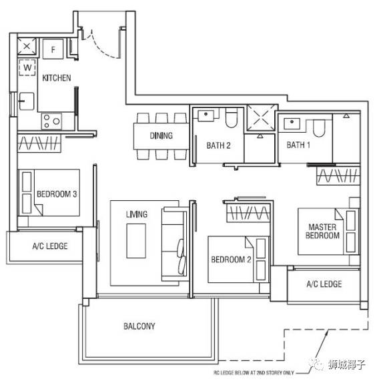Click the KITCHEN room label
[57, 78]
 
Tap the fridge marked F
[53, 49]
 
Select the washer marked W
[27, 67]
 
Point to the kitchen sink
[27, 101]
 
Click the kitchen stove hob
[51, 121]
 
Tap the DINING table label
[161, 135]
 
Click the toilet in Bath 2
[232, 118]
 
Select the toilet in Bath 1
[319, 128]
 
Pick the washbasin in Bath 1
[292, 123]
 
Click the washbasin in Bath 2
[206, 115]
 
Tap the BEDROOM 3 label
[57, 194]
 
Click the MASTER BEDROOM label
[322, 231]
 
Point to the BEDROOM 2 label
[231, 260]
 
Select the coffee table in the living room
[136, 241]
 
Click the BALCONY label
[139, 326]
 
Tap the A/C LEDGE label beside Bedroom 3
[50, 246]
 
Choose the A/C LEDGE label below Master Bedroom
[324, 284]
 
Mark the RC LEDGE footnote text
[254, 372]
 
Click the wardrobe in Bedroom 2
[248, 214]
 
